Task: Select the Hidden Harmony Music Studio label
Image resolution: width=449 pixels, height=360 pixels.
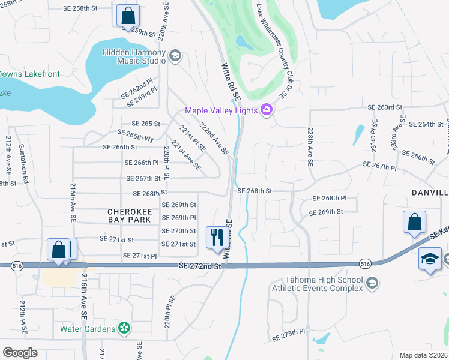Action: point(134,56)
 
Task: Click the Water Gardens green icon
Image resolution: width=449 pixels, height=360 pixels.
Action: point(124,328)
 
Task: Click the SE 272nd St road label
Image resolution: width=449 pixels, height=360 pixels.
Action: point(199,266)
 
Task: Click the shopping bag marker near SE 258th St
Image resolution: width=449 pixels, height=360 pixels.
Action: point(128,16)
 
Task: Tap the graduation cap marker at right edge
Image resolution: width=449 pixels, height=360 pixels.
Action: point(430,259)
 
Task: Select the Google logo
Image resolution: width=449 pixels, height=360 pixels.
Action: point(20,353)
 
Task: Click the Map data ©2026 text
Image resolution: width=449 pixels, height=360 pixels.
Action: point(423,355)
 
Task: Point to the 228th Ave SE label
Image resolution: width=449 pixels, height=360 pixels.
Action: point(310,146)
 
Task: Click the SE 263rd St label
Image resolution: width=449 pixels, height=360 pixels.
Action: point(384,107)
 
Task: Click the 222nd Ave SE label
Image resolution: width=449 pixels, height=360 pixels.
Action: point(214,140)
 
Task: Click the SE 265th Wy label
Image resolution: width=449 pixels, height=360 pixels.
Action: point(136,136)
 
